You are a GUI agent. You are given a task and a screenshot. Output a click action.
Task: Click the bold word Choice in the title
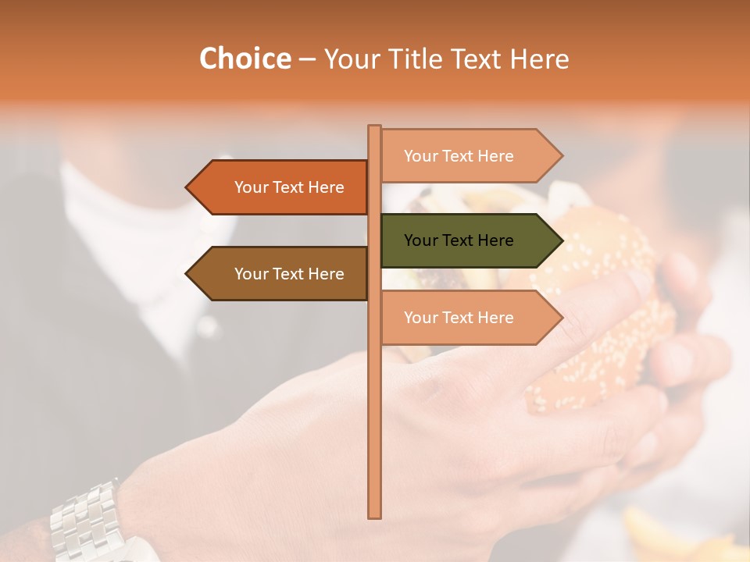245,59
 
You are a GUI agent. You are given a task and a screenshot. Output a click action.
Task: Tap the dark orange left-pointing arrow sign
277,187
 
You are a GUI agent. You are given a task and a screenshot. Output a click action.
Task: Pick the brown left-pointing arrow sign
277,274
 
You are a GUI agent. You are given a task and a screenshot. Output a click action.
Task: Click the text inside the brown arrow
289,274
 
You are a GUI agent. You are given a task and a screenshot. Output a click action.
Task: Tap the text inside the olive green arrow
459,240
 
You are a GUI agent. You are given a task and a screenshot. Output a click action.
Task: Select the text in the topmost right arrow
459,156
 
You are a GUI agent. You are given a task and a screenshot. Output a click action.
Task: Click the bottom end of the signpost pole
375,515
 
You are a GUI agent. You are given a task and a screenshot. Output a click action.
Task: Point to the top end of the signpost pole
375,127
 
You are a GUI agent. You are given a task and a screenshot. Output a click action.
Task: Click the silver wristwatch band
86,519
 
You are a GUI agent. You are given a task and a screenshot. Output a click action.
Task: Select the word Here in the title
539,59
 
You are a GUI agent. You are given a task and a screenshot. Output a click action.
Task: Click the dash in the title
307,60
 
